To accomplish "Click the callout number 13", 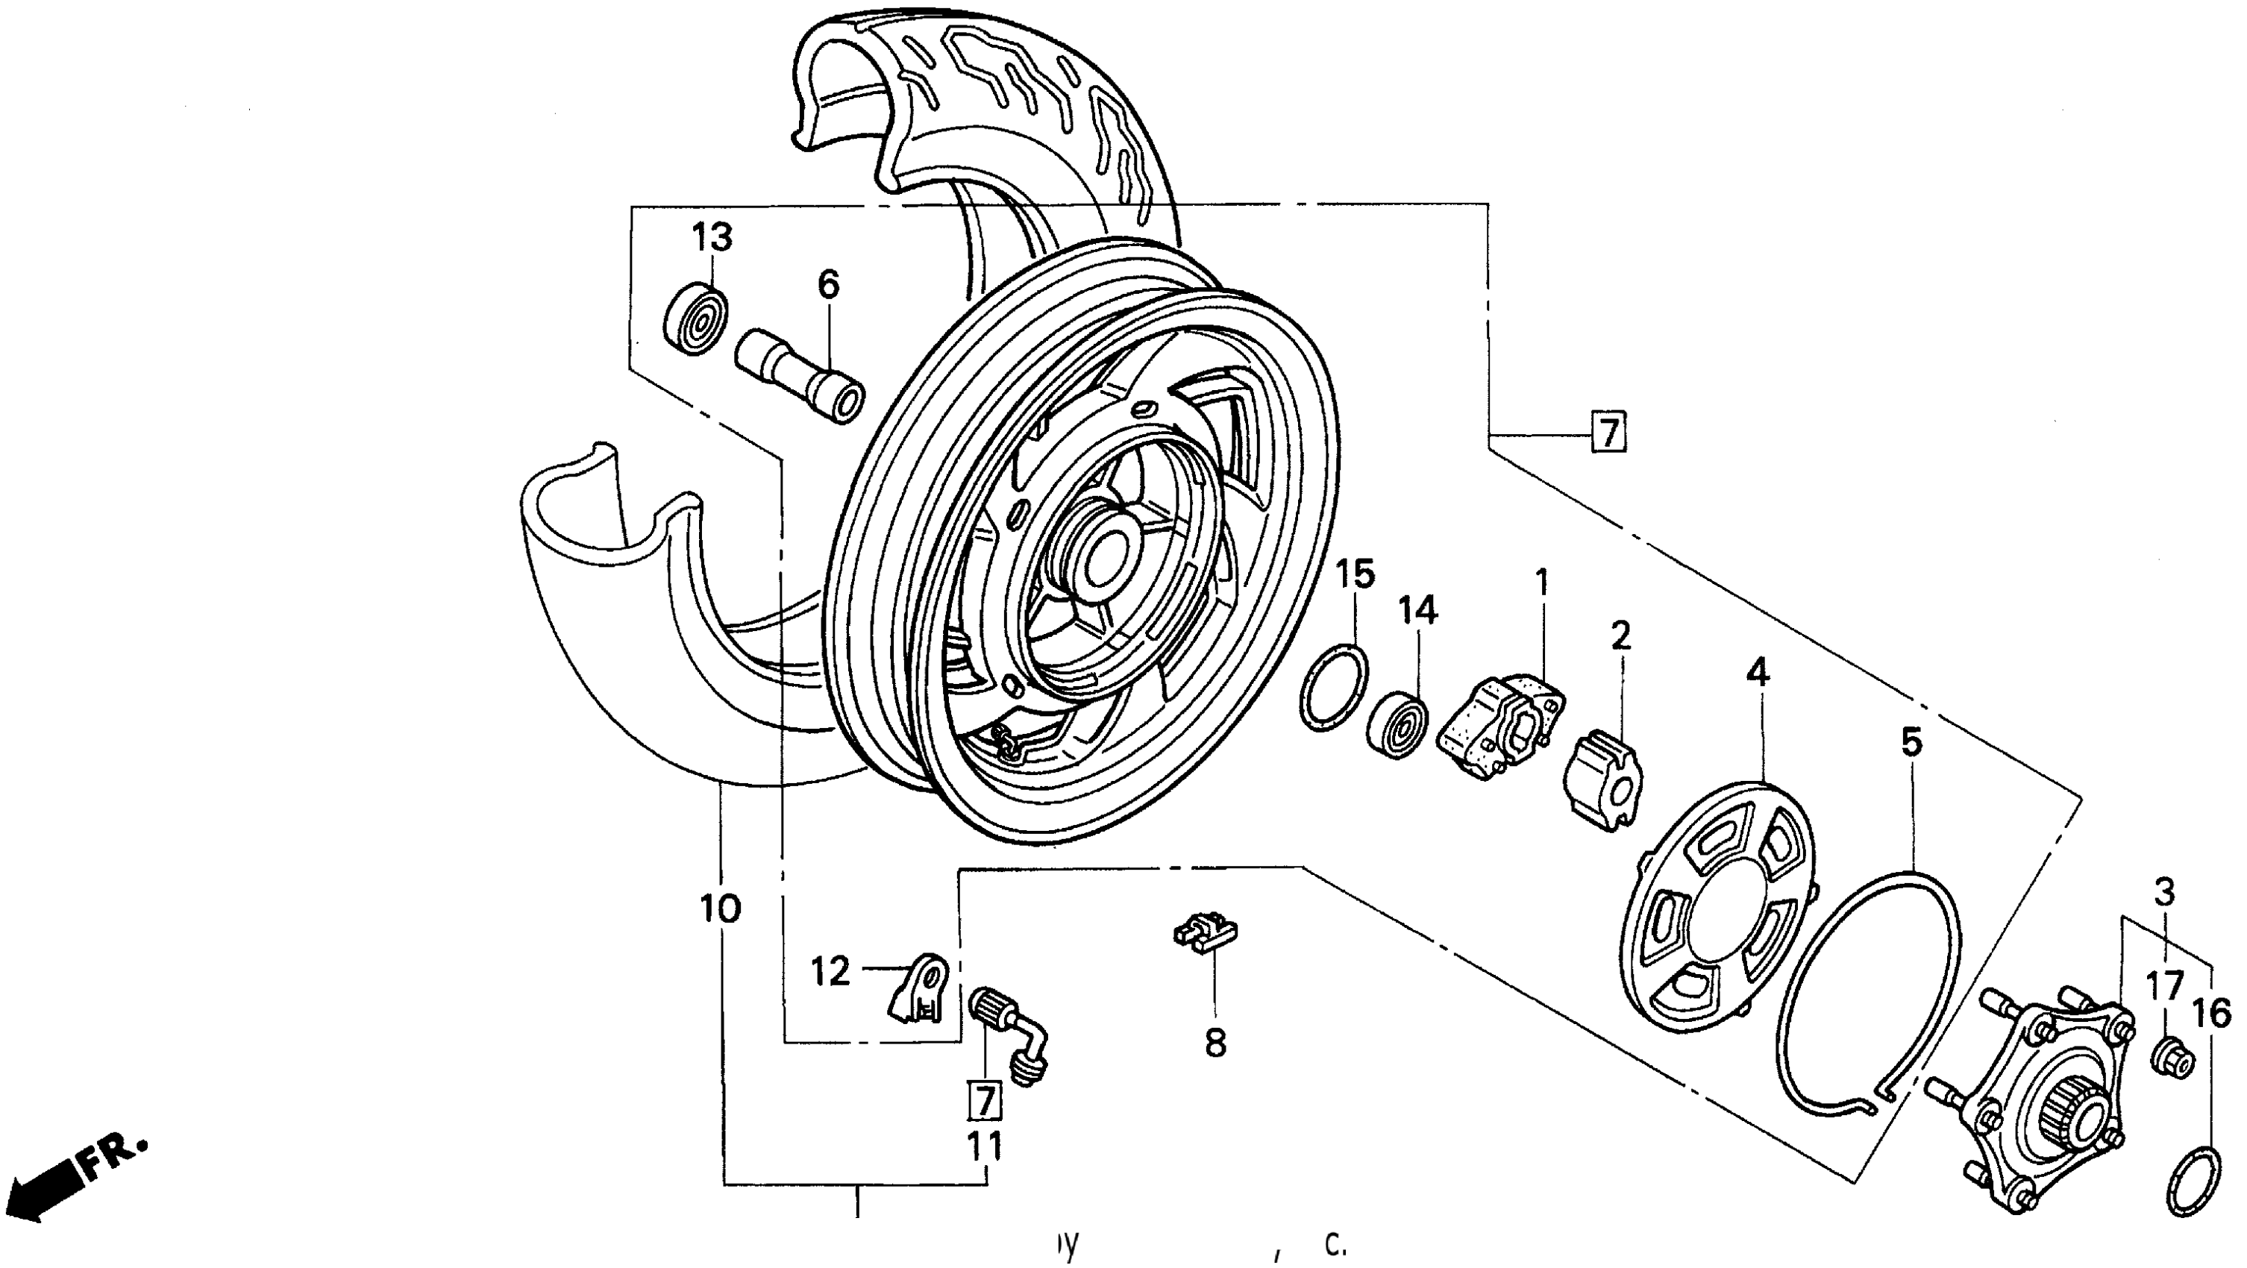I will (712, 236).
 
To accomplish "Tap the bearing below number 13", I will (697, 318).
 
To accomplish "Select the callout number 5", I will (1911, 742).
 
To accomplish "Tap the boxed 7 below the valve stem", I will (985, 1102).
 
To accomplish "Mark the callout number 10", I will (721, 908).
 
